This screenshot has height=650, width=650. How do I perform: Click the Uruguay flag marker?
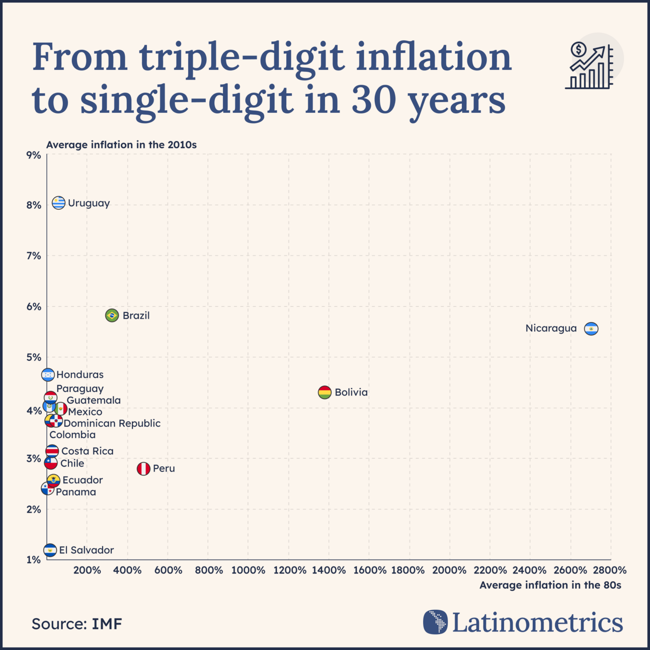(59, 203)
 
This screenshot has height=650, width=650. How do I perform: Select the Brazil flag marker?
(112, 315)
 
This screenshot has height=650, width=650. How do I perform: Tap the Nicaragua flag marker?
(591, 329)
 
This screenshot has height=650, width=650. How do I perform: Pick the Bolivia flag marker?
(324, 392)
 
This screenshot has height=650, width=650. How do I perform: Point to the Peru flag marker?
(143, 469)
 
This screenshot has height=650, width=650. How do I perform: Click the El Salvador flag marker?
(50, 550)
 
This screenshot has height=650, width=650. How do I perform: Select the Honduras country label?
(80, 375)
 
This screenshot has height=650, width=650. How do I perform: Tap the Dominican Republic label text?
(112, 424)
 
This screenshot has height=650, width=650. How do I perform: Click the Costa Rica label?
(88, 451)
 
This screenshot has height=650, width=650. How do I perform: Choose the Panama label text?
(76, 492)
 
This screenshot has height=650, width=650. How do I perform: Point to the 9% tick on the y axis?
(34, 155)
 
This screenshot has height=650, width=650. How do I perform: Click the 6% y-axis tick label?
(34, 306)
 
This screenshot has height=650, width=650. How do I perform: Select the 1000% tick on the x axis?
(248, 571)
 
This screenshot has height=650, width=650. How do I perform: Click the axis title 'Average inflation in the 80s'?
(550, 585)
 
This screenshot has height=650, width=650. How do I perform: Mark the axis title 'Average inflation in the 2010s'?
(121, 145)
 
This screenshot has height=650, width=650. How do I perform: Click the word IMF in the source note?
(107, 624)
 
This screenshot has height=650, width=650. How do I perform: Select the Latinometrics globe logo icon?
(435, 622)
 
